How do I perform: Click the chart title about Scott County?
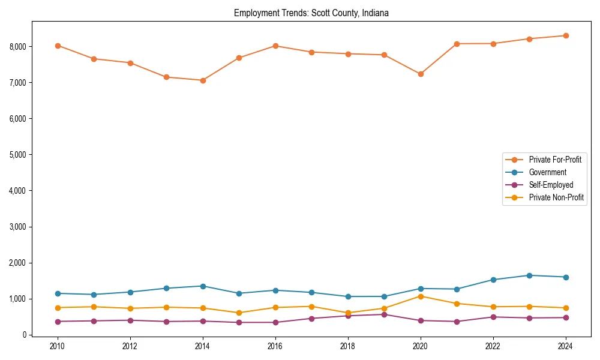click(311, 13)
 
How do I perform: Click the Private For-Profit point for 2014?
click(203, 80)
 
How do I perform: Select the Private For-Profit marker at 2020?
click(421, 74)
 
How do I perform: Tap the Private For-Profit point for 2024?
click(566, 35)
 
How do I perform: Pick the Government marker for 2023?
click(529, 275)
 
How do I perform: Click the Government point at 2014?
click(203, 286)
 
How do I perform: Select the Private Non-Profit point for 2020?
click(421, 296)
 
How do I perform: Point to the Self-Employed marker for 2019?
click(384, 314)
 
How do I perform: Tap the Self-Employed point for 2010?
click(58, 322)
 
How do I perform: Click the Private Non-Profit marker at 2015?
click(239, 313)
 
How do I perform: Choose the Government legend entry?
click(547, 172)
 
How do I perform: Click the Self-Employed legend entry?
click(551, 185)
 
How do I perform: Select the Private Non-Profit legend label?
click(556, 197)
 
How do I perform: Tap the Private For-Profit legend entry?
click(556, 160)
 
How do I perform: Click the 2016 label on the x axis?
click(275, 346)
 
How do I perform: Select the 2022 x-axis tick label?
click(493, 346)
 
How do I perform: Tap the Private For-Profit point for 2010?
click(58, 46)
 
